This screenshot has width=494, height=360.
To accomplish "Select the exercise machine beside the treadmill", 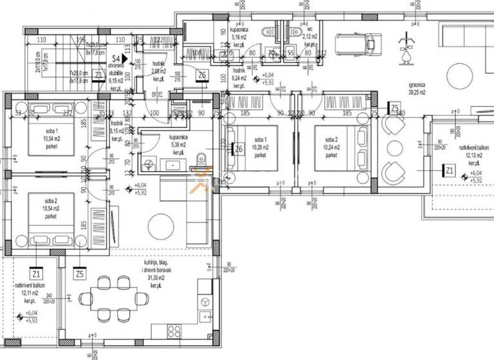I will tap(406, 48).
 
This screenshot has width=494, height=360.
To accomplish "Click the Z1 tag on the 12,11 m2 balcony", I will tap(36, 274).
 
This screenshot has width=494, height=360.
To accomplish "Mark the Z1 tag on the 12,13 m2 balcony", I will tap(450, 170).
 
